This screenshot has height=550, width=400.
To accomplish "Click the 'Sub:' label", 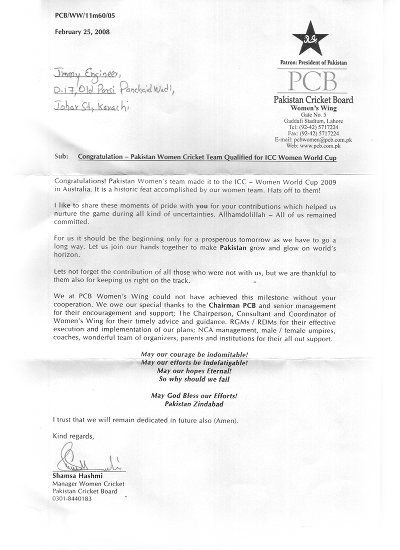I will point(60,156).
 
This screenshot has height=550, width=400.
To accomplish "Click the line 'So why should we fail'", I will point(192,379).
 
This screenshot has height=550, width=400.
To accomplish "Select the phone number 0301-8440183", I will point(72,498).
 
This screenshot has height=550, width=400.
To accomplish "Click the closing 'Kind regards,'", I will point(73,436).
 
